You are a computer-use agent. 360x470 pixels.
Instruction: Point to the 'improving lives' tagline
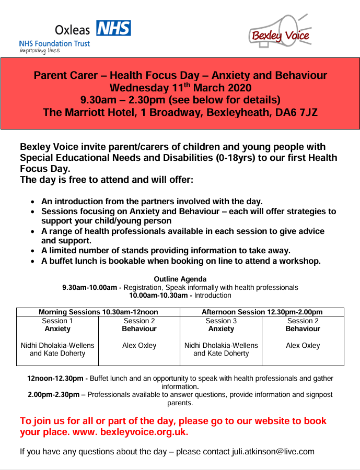pyautogui.click(x=40, y=51)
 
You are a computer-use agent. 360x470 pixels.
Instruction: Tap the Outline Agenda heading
pyautogui.click(x=180, y=279)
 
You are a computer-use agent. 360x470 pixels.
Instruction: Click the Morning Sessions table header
pyautogui.click(x=98, y=312)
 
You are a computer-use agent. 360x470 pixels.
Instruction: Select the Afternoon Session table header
pyautogui.click(x=262, y=312)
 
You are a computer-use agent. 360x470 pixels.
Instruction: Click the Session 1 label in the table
pyautogui.click(x=57, y=321)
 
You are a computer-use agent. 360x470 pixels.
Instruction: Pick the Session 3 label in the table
pyautogui.click(x=221, y=321)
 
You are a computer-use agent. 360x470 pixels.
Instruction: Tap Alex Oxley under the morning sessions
pyautogui.click(x=139, y=345)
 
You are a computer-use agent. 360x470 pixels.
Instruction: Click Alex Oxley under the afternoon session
pyautogui.click(x=303, y=345)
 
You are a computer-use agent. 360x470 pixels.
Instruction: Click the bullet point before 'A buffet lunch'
pyautogui.click(x=33, y=261)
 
